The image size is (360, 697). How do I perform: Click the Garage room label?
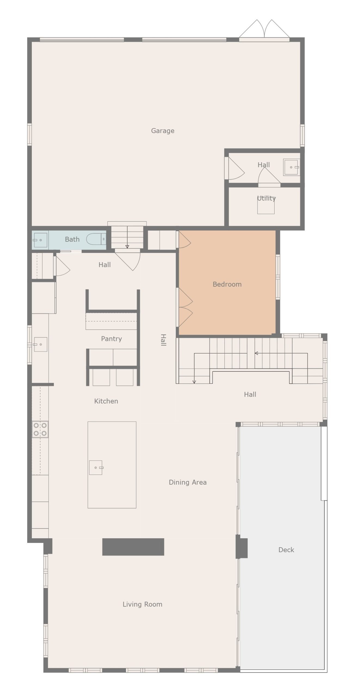point(162,131)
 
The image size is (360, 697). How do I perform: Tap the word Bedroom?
point(227,284)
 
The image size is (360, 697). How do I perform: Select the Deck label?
point(286,550)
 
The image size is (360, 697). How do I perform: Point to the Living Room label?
point(142,604)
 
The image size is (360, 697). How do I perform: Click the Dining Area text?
point(187,482)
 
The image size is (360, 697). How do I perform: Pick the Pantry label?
point(111,339)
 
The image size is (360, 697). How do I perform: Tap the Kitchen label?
point(106,401)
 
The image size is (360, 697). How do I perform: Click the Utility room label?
point(266,198)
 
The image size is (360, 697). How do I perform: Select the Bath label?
point(72,239)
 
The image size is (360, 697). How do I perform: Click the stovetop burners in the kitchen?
point(40,429)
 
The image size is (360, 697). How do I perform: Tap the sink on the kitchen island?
point(96,467)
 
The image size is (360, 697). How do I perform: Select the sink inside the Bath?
point(40,240)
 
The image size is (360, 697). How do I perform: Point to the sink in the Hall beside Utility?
point(291,167)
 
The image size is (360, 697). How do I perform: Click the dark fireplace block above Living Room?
point(133,547)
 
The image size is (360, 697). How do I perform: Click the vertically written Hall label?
point(163,340)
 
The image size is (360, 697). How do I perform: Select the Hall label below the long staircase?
point(250,394)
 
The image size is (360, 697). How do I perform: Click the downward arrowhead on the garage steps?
point(127,247)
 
